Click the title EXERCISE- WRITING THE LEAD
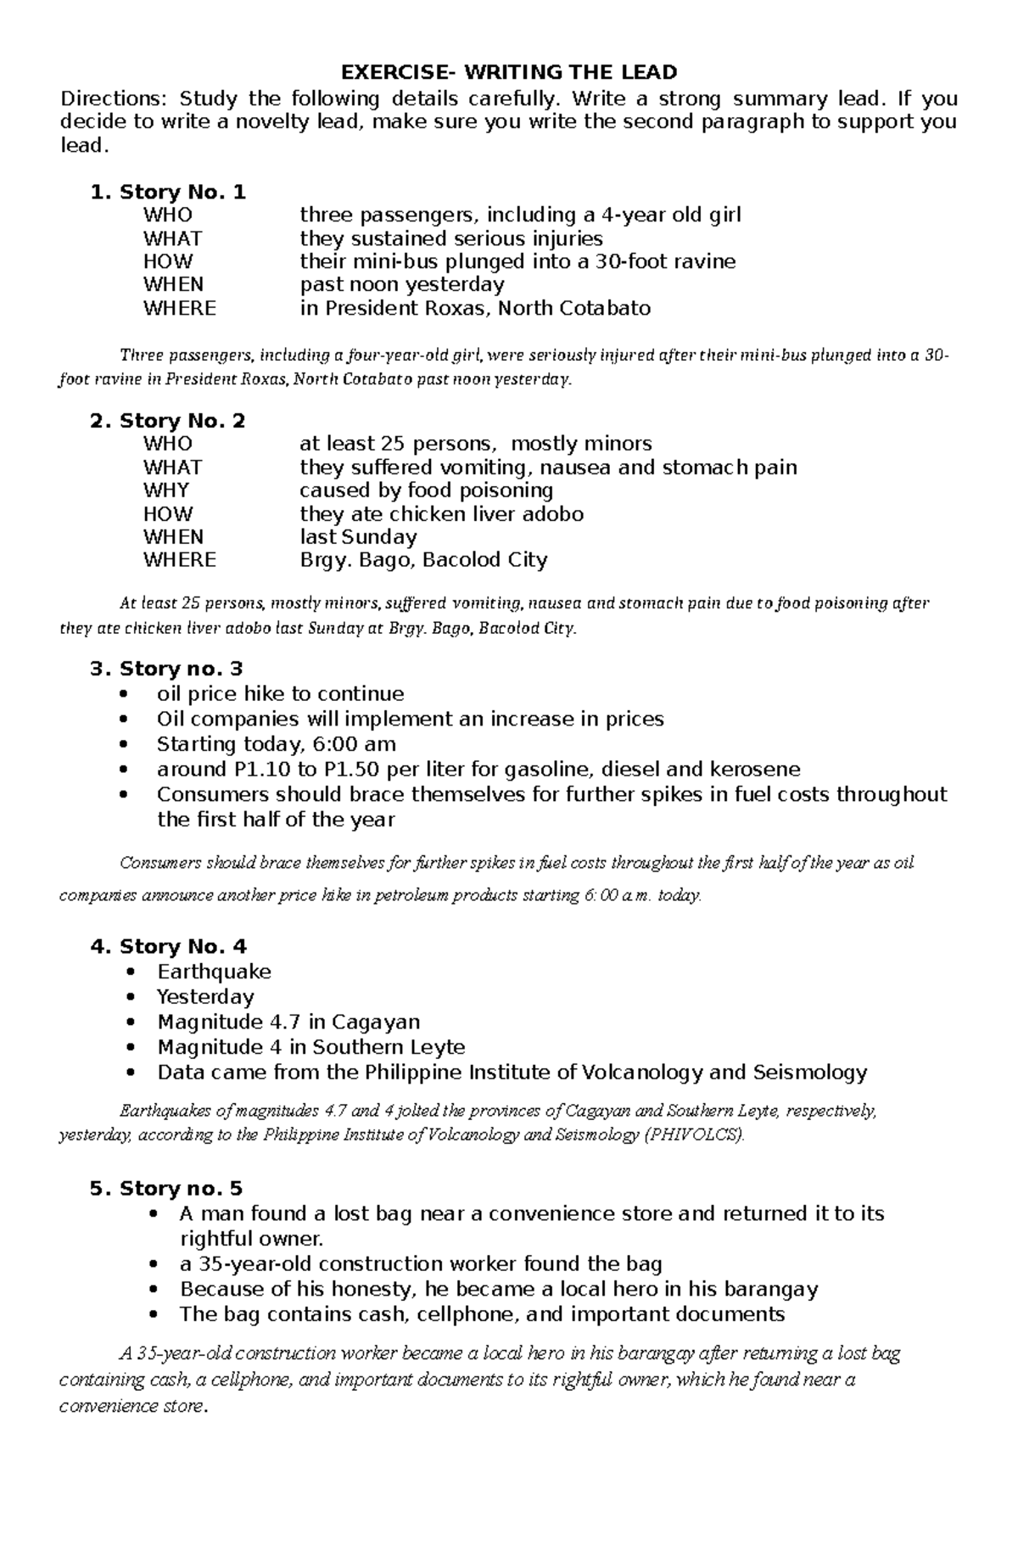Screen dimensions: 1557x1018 (508, 72)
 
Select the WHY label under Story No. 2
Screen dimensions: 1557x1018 (166, 490)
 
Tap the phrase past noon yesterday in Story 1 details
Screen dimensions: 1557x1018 (402, 284)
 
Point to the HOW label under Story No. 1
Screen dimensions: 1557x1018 (168, 261)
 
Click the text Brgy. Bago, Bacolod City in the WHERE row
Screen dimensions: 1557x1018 (423, 560)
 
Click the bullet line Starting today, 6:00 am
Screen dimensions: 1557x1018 (277, 744)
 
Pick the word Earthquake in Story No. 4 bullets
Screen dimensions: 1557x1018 (214, 972)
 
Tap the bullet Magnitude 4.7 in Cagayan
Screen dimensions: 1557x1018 (288, 1022)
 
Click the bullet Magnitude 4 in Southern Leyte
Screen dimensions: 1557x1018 (310, 1047)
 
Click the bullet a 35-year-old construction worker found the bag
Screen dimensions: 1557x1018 (421, 1264)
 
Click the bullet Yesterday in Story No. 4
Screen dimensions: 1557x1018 (205, 997)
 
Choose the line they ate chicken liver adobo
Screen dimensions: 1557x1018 (441, 514)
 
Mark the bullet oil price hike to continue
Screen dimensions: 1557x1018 (281, 694)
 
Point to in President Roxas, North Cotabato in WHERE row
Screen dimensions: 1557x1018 (475, 308)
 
